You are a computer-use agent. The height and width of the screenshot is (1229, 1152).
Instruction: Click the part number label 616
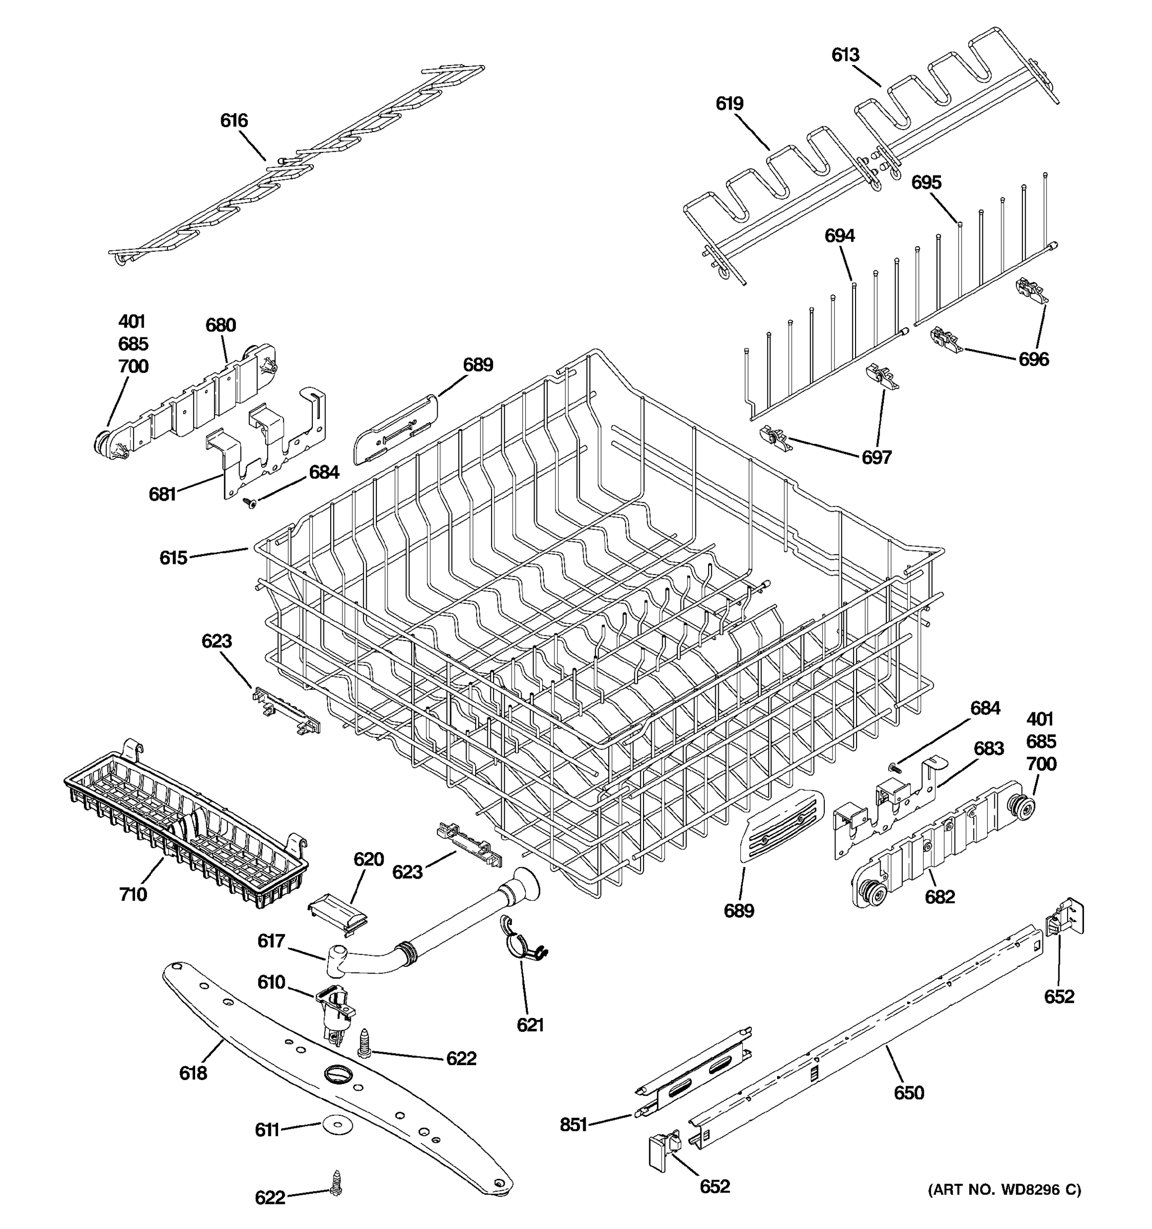click(233, 120)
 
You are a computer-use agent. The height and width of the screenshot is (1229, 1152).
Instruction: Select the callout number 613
click(845, 55)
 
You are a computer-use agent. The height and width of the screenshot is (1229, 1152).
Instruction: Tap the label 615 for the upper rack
click(173, 558)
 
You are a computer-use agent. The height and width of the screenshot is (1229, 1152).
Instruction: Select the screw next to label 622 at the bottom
click(336, 1182)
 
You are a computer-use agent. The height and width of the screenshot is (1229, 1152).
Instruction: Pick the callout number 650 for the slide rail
click(908, 1092)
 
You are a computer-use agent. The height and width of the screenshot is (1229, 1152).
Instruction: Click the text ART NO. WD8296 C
click(1005, 1190)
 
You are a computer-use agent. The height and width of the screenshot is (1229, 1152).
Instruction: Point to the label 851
click(573, 1125)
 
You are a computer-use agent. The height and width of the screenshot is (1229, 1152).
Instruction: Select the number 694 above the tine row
click(839, 236)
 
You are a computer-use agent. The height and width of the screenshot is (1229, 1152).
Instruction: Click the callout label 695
click(926, 182)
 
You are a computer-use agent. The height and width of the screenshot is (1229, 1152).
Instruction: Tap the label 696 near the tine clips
click(1033, 359)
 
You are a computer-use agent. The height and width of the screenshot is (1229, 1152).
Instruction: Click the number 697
click(877, 457)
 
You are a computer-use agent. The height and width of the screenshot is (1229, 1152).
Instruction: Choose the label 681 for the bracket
click(162, 494)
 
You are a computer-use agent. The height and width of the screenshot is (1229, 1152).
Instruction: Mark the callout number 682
click(940, 897)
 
